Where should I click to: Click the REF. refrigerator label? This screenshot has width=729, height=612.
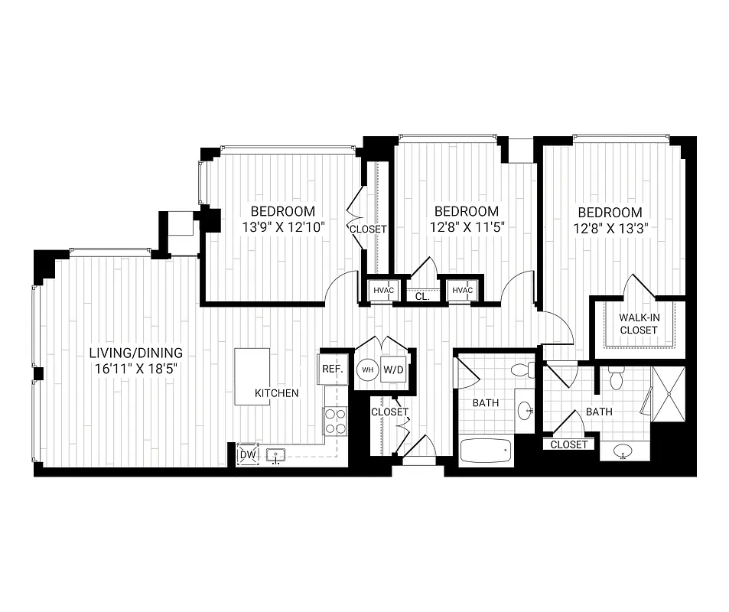[x=331, y=369]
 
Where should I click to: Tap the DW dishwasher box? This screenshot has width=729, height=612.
[x=248, y=454]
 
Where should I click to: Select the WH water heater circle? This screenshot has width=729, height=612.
[x=368, y=369]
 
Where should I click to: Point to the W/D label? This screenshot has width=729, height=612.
[x=393, y=369]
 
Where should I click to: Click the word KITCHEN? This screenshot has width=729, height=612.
[x=276, y=392]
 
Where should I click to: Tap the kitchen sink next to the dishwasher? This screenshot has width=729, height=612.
[x=276, y=456]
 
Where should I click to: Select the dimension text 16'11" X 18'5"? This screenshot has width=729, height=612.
[x=135, y=368]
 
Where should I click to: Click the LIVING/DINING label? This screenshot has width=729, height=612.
[x=135, y=353]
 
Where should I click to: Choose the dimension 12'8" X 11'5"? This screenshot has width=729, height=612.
[x=466, y=226]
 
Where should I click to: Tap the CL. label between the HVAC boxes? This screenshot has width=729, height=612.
[x=421, y=295]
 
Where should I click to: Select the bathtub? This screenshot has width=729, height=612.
[x=486, y=451]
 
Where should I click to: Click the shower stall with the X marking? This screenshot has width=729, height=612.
[x=669, y=394]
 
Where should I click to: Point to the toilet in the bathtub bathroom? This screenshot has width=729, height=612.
[x=523, y=371]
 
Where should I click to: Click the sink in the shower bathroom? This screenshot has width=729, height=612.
[x=624, y=452]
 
